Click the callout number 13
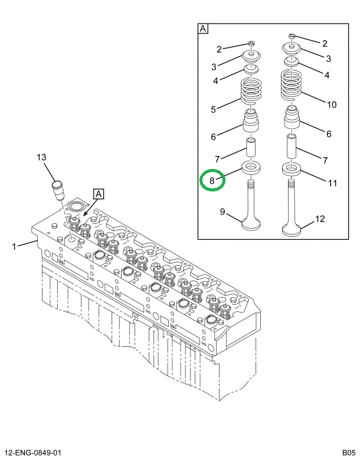(x=41, y=157)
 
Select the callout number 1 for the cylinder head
(x=14, y=246)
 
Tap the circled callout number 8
(x=212, y=180)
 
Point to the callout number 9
(x=223, y=211)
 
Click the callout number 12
(x=319, y=219)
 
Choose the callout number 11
(x=332, y=183)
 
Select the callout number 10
(x=332, y=105)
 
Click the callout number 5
(x=213, y=109)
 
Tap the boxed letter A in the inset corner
(x=203, y=28)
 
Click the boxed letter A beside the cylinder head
(x=98, y=193)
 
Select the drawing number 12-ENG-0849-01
(x=32, y=453)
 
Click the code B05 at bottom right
(x=348, y=453)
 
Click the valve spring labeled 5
(x=251, y=93)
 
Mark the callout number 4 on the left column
(x=216, y=80)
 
